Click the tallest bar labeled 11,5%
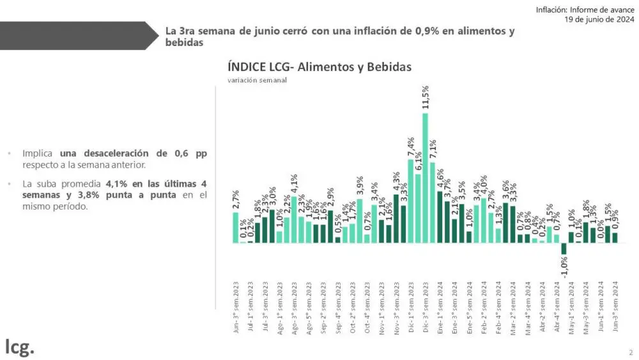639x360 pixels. pos(425,178)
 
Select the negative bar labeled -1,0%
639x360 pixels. pos(564,249)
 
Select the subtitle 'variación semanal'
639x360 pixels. pos(257,80)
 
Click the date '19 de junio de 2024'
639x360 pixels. pos(599,19)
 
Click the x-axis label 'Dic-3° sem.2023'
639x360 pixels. pos(426,307)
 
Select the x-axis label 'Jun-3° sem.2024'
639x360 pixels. pos(615,307)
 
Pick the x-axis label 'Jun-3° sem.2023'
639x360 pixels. pos(236,307)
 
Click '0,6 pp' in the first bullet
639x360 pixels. pos(190,154)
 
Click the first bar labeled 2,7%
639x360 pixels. pos(236,228)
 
